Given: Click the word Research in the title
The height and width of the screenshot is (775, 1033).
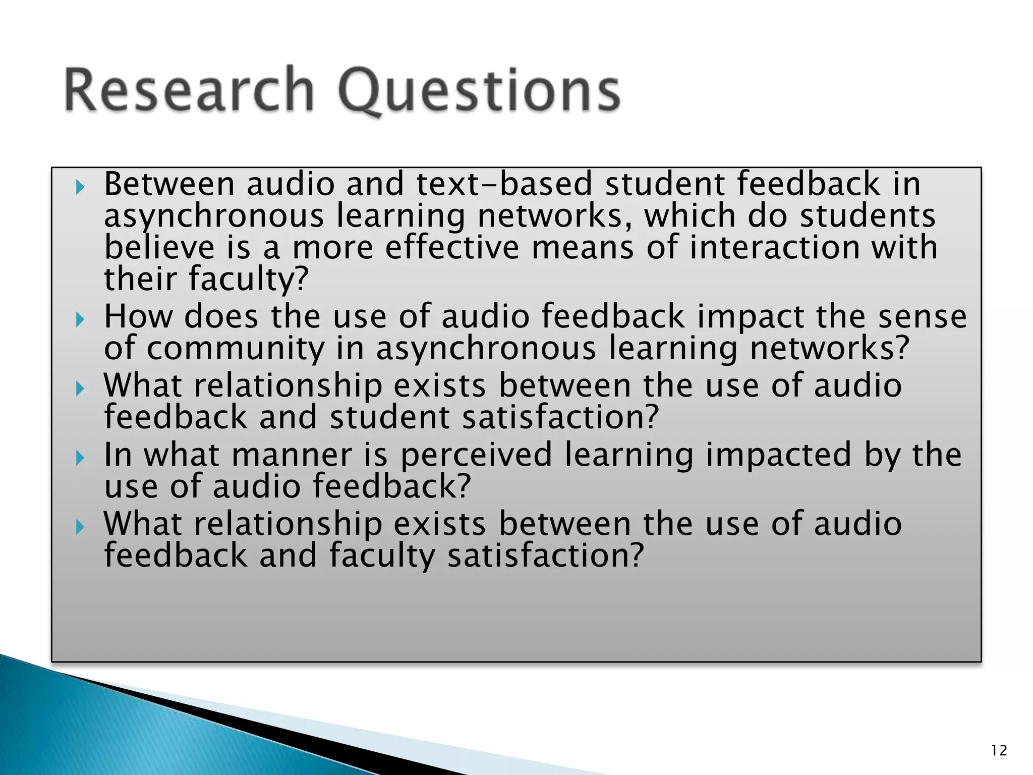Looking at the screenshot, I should pyautogui.click(x=189, y=90).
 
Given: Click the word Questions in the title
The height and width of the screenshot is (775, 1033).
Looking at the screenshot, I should pyautogui.click(x=479, y=91).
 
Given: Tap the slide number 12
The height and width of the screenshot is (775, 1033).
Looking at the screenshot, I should pyautogui.click(x=999, y=751).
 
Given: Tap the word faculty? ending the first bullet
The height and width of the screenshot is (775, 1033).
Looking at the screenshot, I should pyautogui.click(x=247, y=280).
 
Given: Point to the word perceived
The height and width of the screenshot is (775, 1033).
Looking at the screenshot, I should pyautogui.click(x=477, y=455).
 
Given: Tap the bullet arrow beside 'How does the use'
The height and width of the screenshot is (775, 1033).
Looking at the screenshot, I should pyautogui.click(x=80, y=319).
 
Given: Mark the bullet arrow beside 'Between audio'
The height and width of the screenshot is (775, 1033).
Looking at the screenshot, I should pyautogui.click(x=80, y=188).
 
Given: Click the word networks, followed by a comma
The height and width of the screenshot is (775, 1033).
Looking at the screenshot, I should pyautogui.click(x=555, y=216).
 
